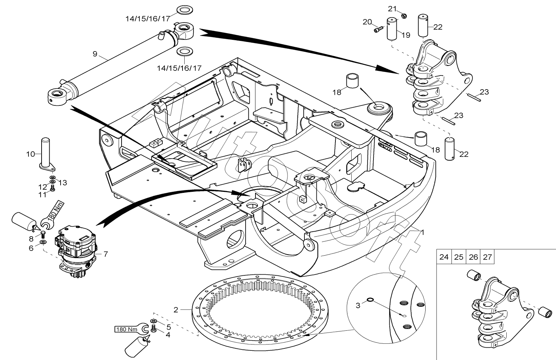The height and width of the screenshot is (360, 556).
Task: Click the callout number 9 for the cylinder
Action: [95, 54]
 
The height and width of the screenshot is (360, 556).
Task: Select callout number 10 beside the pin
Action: [31, 154]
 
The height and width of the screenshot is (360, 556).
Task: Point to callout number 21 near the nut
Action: [393, 8]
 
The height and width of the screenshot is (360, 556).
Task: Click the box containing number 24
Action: [444, 257]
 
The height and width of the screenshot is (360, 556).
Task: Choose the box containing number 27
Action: [487, 257]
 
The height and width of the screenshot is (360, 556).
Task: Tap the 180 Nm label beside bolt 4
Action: [126, 330]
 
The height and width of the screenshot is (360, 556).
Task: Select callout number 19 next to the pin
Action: [406, 35]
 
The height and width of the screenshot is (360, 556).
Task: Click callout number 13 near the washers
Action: [63, 183]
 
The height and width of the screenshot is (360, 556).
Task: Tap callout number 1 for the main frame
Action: [422, 232]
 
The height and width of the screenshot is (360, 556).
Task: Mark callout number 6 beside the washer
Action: [31, 249]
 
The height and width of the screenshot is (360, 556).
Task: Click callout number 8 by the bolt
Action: [31, 239]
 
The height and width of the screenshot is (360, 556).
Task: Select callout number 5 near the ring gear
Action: [168, 327]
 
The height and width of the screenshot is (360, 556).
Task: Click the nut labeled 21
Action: [404, 16]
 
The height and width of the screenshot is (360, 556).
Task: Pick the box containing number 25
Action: [458, 257]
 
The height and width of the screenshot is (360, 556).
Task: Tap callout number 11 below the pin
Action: [43, 194]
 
